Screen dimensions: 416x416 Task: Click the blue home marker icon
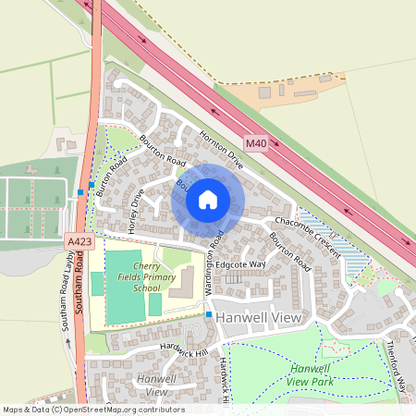(208, 199)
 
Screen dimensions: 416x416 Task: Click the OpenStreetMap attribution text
(93, 410)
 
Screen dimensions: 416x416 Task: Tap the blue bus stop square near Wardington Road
(210, 315)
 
